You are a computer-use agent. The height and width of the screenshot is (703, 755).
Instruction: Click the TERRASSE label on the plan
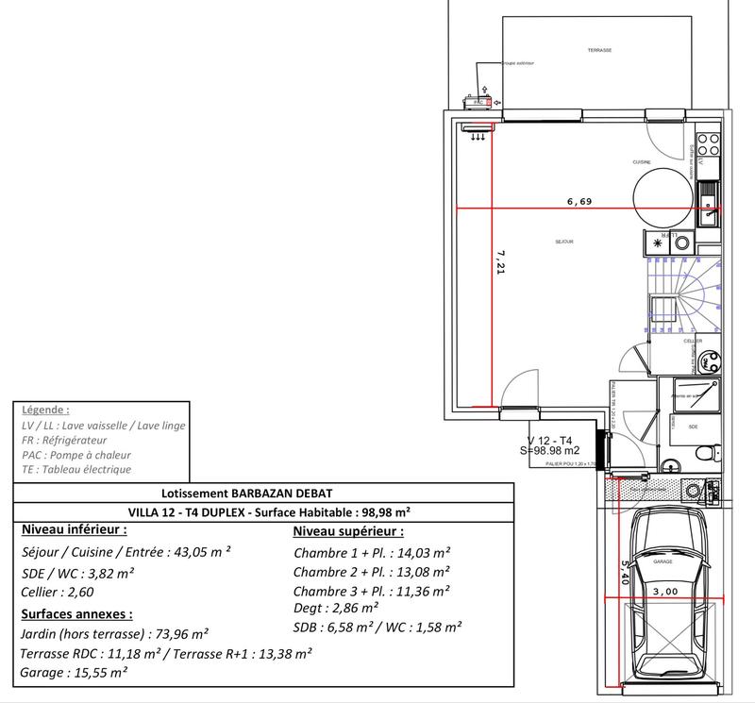click(x=599, y=50)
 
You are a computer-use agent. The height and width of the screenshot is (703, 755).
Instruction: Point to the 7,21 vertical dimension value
click(x=501, y=263)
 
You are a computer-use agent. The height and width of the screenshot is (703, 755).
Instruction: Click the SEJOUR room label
click(x=565, y=243)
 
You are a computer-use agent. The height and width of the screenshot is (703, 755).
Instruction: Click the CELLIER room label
click(x=694, y=341)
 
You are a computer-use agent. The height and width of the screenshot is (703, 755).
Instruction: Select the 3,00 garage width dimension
click(x=665, y=592)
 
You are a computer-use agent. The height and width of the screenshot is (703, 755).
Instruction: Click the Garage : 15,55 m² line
click(x=74, y=672)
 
